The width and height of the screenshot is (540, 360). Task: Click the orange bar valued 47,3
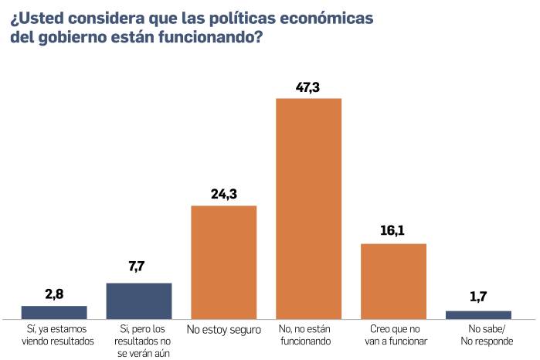tap(308, 208)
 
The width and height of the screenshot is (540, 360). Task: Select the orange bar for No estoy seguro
tap(223, 262)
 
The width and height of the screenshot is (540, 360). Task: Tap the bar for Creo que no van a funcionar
tap(393, 280)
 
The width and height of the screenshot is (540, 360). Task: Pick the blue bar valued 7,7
tap(138, 301)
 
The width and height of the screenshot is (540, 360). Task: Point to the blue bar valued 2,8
tap(54, 312)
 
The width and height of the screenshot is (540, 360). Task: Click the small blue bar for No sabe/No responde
tap(478, 314)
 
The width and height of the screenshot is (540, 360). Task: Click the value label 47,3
tap(308, 87)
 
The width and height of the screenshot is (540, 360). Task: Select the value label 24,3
tap(223, 194)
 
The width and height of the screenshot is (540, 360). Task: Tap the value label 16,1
tap(393, 232)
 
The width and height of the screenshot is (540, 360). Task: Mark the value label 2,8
tap(54, 294)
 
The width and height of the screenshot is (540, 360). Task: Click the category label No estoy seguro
tap(223, 331)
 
